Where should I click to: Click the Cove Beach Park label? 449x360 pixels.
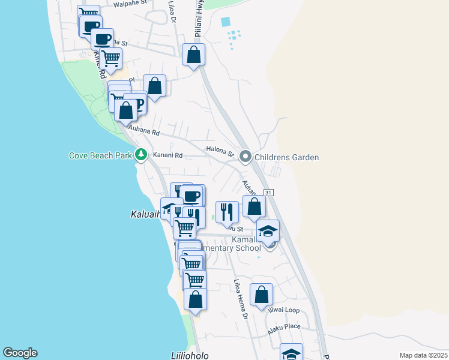[100, 155]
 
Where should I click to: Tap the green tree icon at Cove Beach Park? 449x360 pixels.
[141, 155]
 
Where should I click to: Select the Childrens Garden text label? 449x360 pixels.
[286, 157]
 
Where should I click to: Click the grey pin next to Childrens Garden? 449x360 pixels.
[245, 157]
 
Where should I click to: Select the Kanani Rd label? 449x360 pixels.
[167, 155]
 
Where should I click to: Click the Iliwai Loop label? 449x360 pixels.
[285, 311]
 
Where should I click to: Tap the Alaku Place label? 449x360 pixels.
[284, 326]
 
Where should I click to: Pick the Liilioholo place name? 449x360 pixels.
[185, 355]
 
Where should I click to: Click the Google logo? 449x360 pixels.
[20, 353]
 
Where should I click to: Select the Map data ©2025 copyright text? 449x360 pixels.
[423, 355]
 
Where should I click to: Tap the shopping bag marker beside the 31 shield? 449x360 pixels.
[254, 206]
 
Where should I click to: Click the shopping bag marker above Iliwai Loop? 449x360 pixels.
[261, 295]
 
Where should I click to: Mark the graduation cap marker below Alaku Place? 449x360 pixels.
[291, 352]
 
